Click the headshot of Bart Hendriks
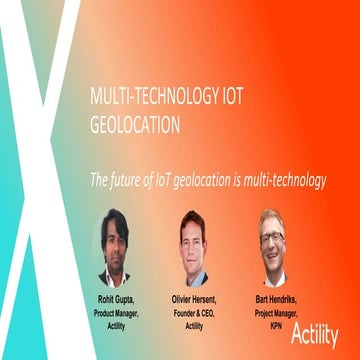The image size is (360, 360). pos(272,241)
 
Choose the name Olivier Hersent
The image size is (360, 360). pos(194,300)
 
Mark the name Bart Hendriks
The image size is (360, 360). pos(272,300)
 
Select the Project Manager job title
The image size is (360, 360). pos(272,313)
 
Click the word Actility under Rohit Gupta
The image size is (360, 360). pos(115,325)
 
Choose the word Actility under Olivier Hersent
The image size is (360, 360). pos(194,325)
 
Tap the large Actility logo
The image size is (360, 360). pos(314,335)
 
